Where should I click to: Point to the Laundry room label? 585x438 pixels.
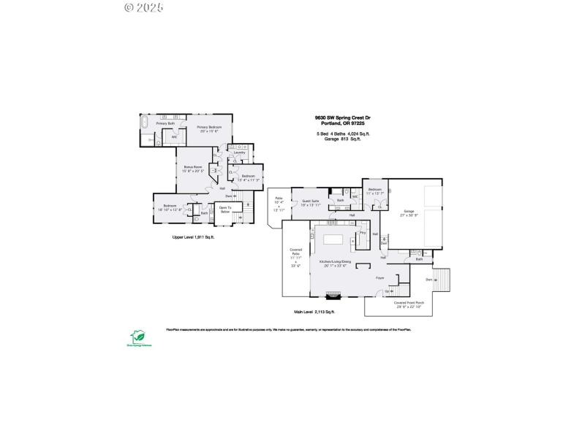(x=239, y=153)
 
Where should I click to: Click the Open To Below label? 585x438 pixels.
(x=225, y=210)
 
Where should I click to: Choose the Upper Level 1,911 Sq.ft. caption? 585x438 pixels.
(x=193, y=237)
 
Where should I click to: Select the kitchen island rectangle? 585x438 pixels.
(x=333, y=239)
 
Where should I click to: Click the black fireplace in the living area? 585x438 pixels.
(x=333, y=295)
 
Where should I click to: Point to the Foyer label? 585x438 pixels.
(x=380, y=278)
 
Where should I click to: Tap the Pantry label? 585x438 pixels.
(x=362, y=233)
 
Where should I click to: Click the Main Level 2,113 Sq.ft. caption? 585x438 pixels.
(x=314, y=312)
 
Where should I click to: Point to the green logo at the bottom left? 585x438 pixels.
(x=137, y=336)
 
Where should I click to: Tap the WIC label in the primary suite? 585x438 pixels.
(x=174, y=137)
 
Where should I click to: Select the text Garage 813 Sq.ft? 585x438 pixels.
(x=343, y=139)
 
